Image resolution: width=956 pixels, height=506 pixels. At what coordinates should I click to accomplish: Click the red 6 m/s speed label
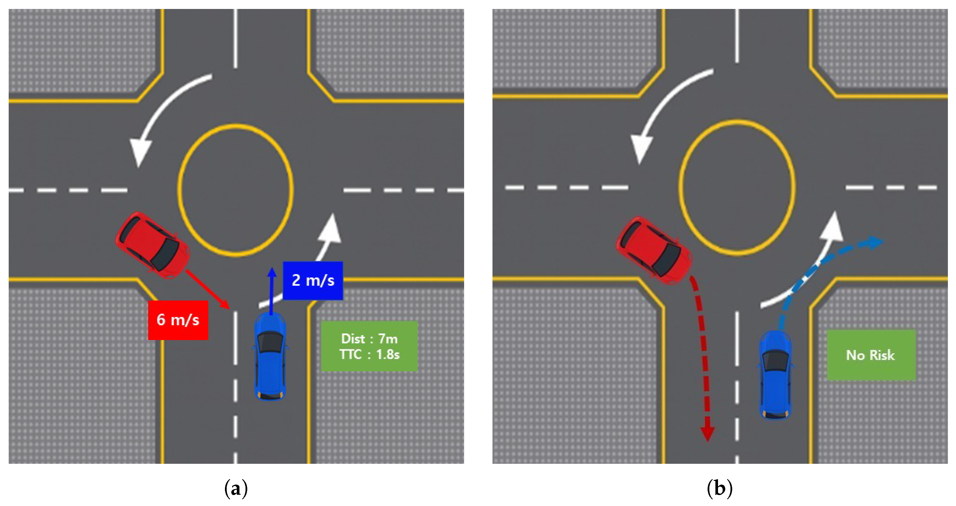[x=178, y=320]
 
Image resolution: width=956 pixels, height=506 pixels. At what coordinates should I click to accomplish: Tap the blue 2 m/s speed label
[x=313, y=280]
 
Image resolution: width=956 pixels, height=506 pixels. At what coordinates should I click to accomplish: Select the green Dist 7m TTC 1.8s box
[x=369, y=346]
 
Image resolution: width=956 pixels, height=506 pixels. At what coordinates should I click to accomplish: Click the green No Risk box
[x=871, y=355]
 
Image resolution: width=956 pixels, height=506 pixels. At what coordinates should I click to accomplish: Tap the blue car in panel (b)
[x=774, y=374]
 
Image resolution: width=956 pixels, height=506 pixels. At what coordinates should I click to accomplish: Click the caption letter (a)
[x=236, y=489]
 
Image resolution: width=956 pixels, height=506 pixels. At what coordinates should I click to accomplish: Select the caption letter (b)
[x=719, y=489]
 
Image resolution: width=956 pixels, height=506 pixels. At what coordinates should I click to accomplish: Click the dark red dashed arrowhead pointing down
[x=707, y=434]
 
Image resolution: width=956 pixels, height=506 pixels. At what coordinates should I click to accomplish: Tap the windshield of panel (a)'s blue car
[x=270, y=342]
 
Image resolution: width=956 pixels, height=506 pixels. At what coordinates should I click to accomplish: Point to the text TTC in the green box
[x=350, y=354]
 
